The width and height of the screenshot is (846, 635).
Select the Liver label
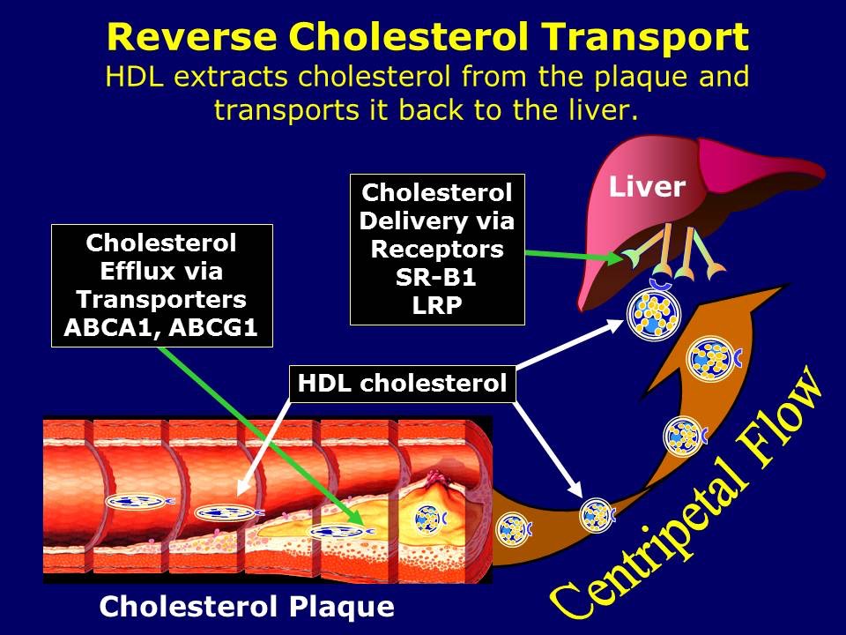[647, 187]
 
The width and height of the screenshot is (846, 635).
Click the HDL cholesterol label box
[402, 384]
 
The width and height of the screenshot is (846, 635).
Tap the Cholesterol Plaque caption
[246, 607]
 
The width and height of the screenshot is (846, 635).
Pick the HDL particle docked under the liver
[653, 315]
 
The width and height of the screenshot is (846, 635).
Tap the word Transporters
[161, 298]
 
